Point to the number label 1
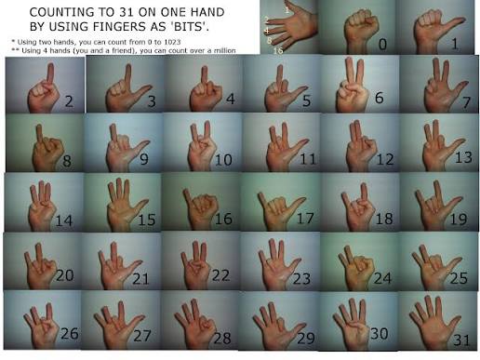click(454, 43)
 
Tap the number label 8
click(67, 160)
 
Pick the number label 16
click(224, 220)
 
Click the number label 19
click(459, 220)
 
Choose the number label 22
click(220, 276)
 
